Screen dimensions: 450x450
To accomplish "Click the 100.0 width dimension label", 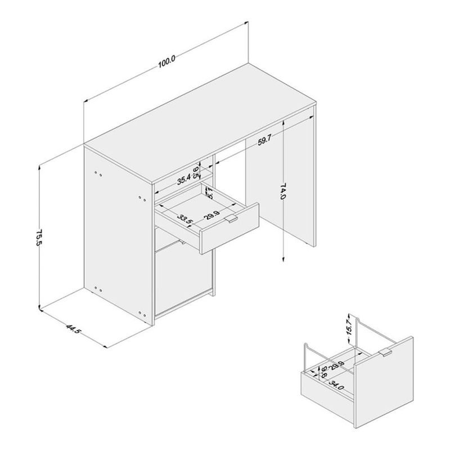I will (167, 61).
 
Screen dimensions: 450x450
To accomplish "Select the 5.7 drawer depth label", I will (209, 194).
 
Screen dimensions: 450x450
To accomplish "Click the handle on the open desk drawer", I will (231, 218).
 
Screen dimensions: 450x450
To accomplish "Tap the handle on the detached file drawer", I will (385, 353).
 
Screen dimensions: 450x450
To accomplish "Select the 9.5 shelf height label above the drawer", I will (196, 171).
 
